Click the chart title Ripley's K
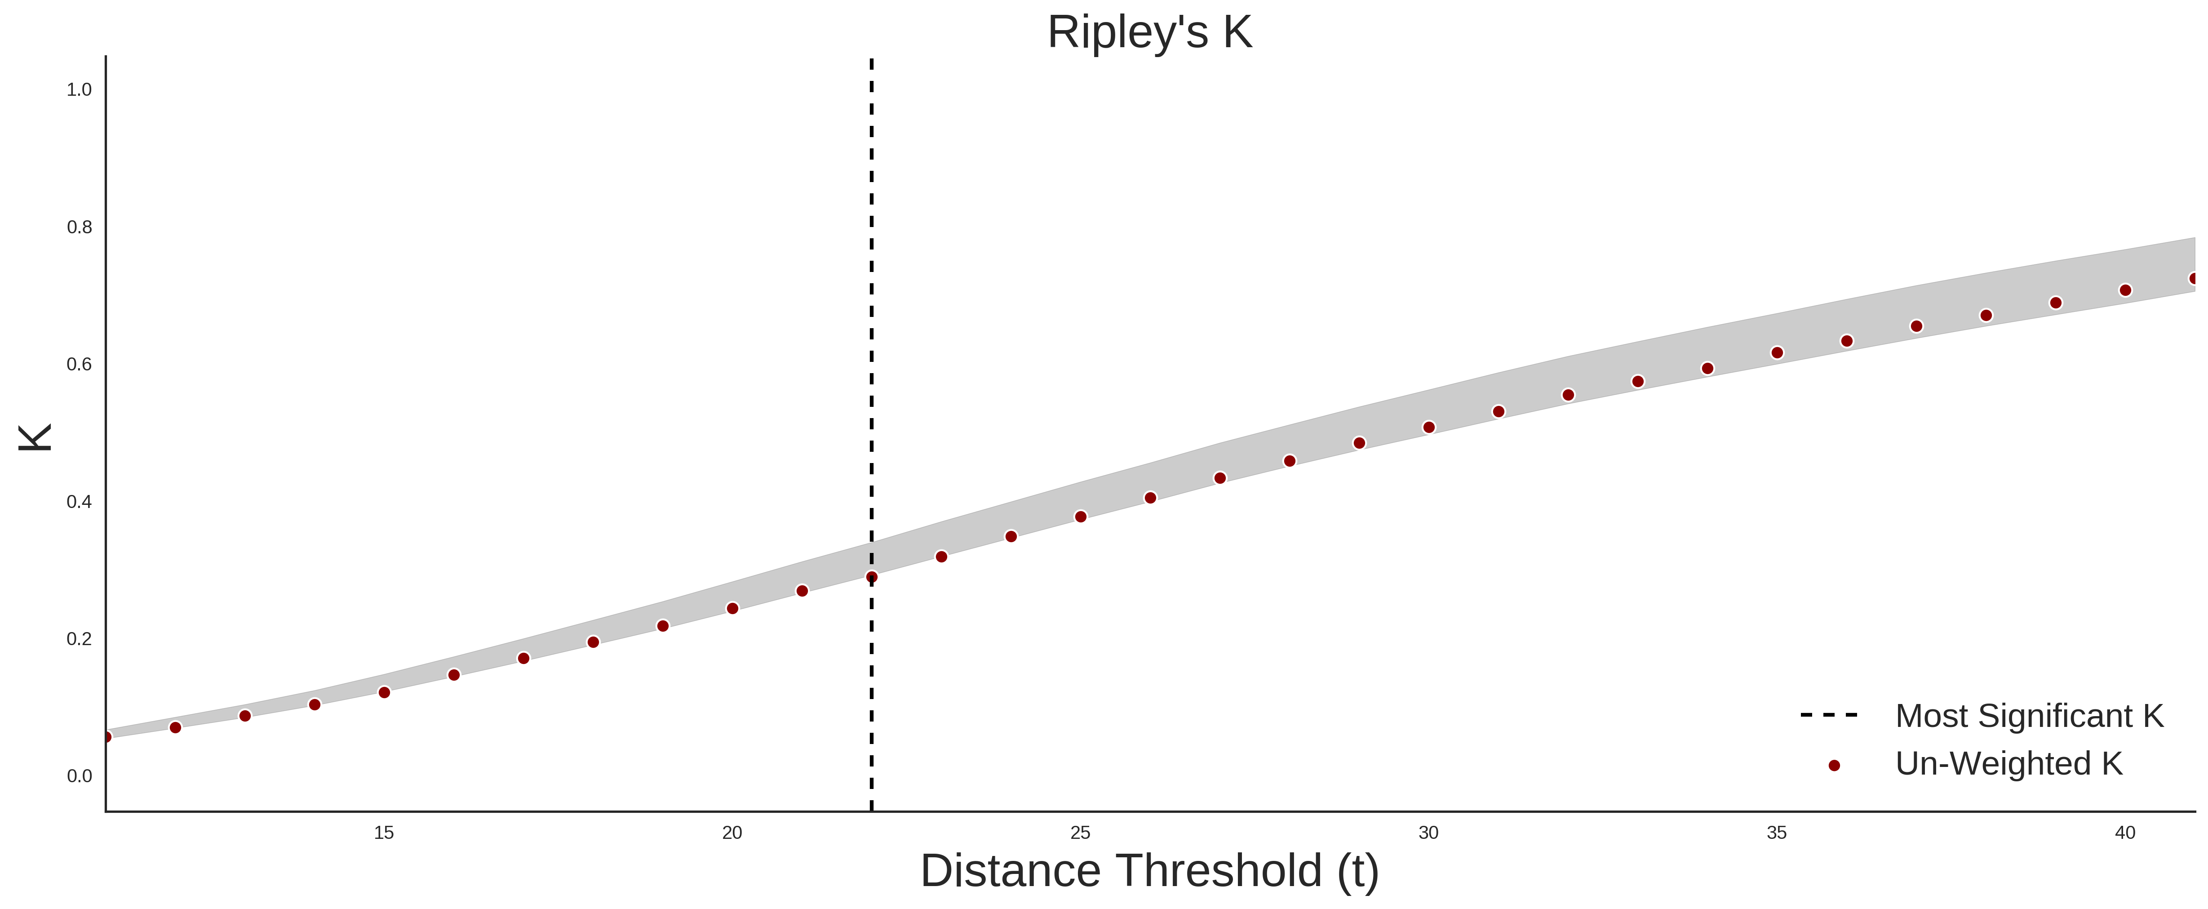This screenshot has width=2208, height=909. pyautogui.click(x=1149, y=32)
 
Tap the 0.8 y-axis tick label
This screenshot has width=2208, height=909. pyautogui.click(x=79, y=227)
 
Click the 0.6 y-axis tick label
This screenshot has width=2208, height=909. pyautogui.click(x=79, y=365)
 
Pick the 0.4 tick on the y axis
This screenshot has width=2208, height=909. pyautogui.click(x=79, y=502)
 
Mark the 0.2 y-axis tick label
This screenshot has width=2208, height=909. pyautogui.click(x=79, y=639)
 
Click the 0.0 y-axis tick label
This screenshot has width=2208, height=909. pyautogui.click(x=79, y=776)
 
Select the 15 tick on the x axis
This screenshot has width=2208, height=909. pyautogui.click(x=384, y=833)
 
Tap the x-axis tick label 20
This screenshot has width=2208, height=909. pyautogui.click(x=732, y=833)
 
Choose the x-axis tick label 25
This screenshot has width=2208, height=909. pyautogui.click(x=1080, y=833)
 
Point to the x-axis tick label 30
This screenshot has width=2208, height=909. pyautogui.click(x=1428, y=833)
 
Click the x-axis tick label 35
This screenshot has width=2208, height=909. pyautogui.click(x=1777, y=833)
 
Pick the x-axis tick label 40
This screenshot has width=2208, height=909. pyautogui.click(x=2125, y=833)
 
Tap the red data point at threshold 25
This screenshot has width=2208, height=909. pyautogui.click(x=1081, y=516)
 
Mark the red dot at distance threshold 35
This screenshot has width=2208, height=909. pyautogui.click(x=1777, y=352)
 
